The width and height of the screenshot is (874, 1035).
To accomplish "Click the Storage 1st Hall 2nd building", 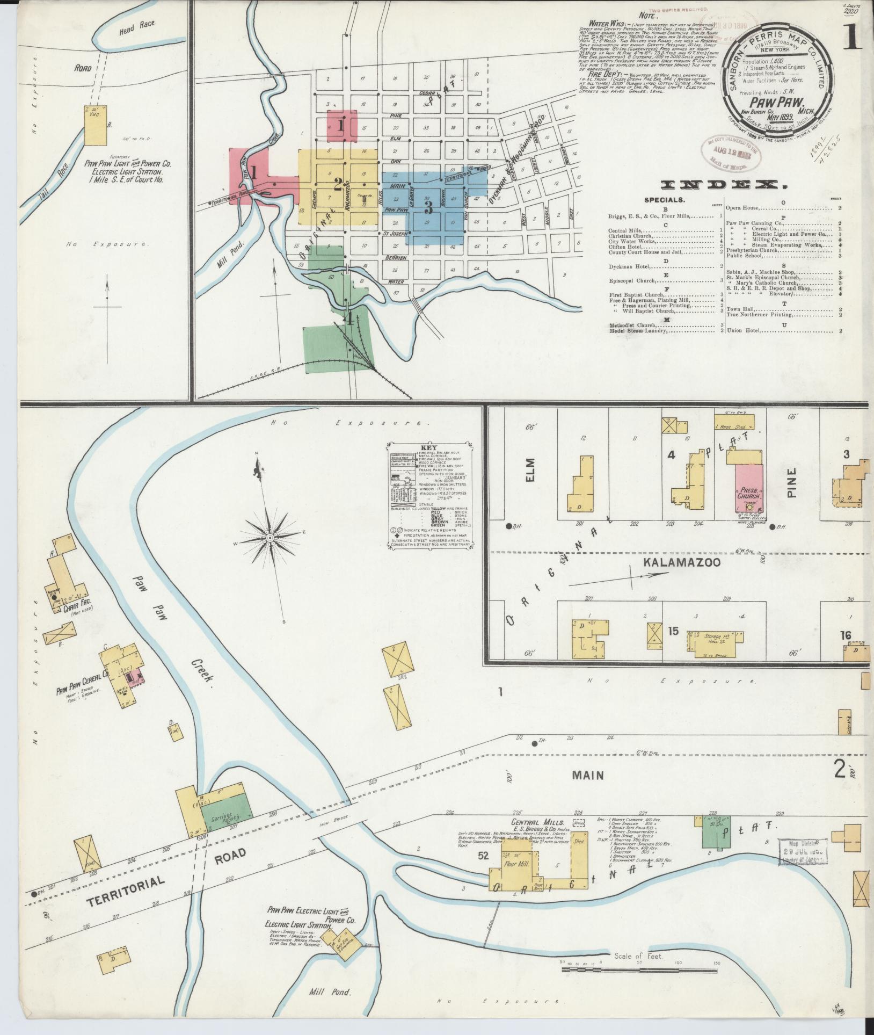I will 712,641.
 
